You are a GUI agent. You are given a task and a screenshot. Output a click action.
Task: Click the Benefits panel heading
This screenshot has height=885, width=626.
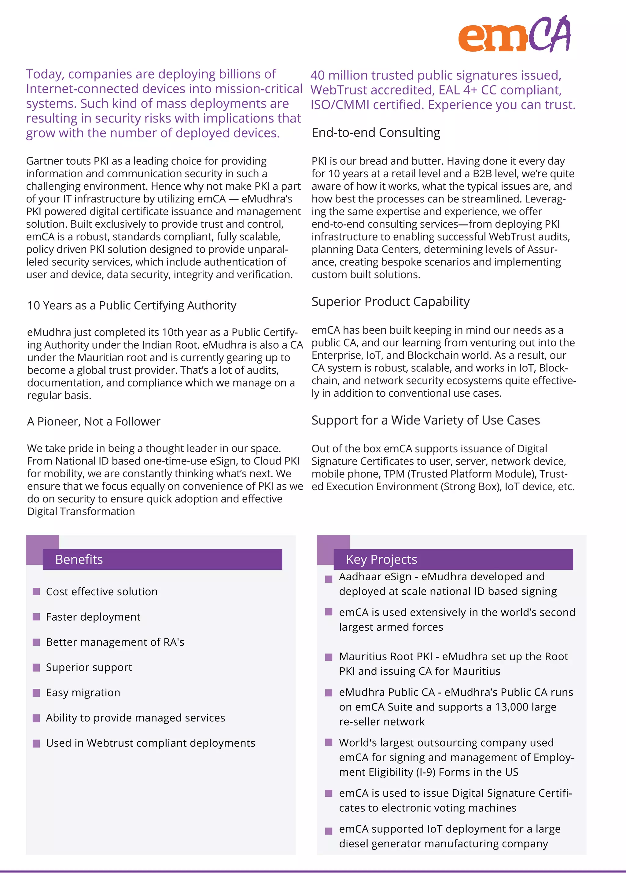(79, 559)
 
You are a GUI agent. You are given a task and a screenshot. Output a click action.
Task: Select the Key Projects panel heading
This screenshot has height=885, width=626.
(381, 559)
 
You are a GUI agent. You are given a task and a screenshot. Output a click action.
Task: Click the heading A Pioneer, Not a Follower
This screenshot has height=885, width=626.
(94, 421)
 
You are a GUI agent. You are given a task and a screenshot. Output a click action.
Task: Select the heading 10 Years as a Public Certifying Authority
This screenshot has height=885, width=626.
(131, 305)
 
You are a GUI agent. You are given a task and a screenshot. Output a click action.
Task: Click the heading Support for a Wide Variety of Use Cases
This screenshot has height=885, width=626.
(425, 420)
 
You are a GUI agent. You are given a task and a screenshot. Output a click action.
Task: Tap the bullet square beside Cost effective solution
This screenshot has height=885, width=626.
(36, 592)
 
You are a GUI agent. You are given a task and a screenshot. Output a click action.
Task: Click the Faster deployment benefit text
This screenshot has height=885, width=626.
(93, 617)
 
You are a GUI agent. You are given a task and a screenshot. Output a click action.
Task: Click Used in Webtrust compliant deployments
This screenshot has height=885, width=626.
(150, 743)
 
